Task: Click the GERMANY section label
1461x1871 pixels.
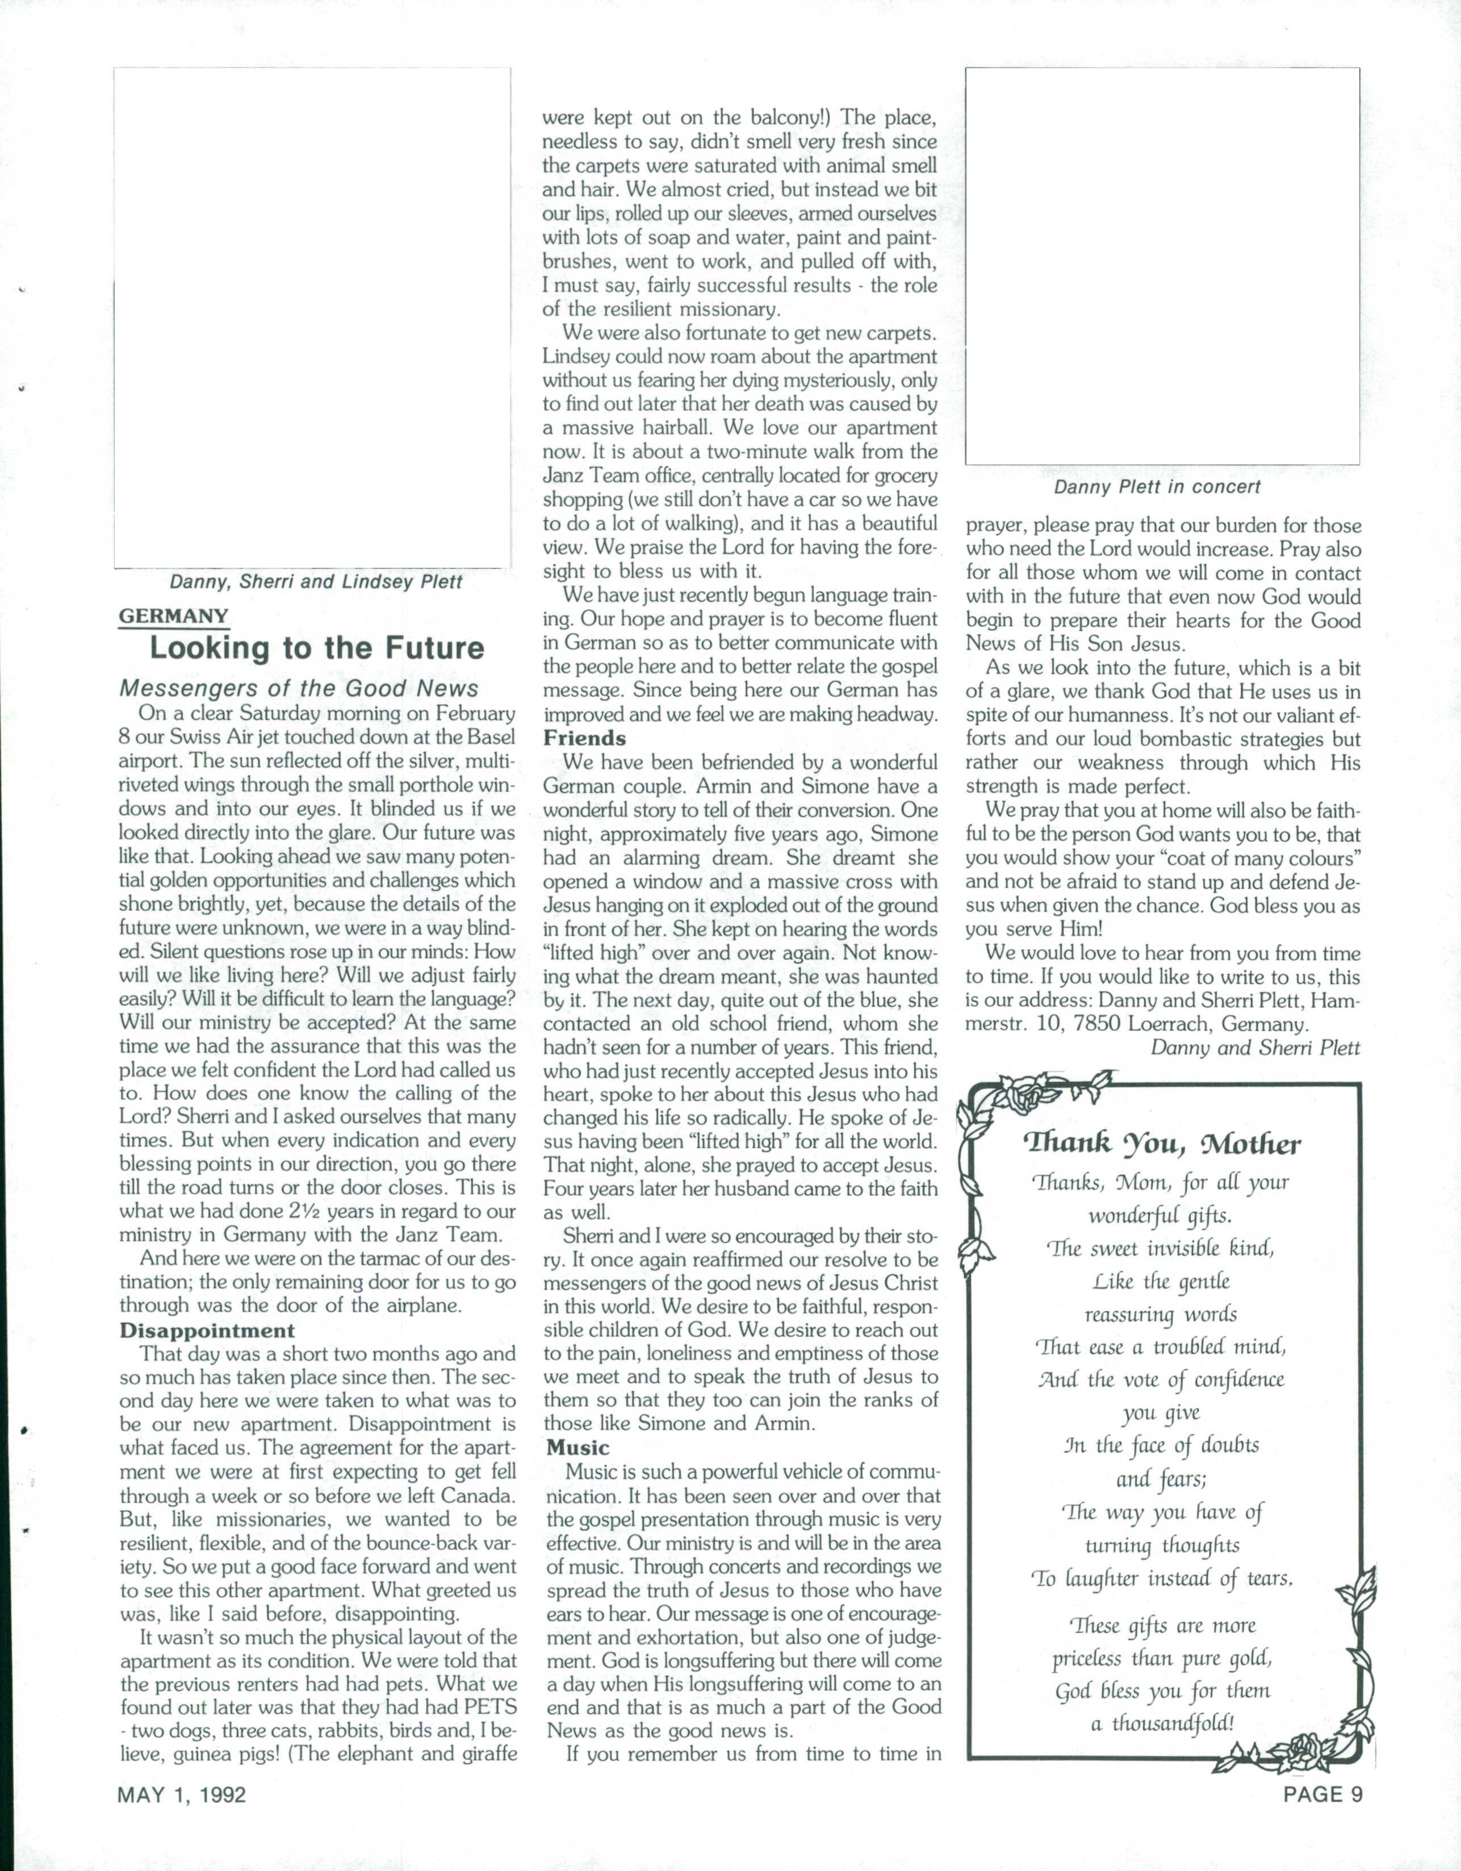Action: [x=174, y=616]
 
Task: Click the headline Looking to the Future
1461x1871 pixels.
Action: [x=317, y=648]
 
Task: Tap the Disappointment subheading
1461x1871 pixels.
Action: [x=207, y=1330]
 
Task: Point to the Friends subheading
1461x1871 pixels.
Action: [x=584, y=738]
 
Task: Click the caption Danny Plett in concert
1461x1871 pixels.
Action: [x=1157, y=487]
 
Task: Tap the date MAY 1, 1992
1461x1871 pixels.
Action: [x=182, y=1794]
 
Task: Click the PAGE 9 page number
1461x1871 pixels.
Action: [x=1322, y=1794]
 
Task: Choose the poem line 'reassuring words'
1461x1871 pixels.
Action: [x=1161, y=1315]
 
